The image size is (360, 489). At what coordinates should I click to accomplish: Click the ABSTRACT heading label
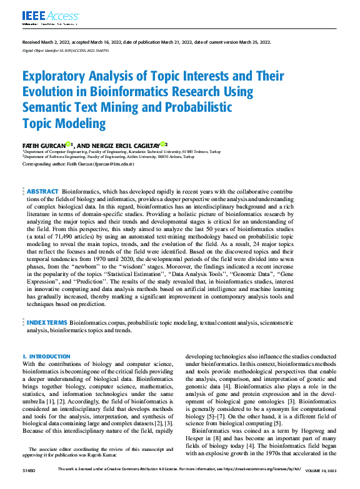tap(42, 191)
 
